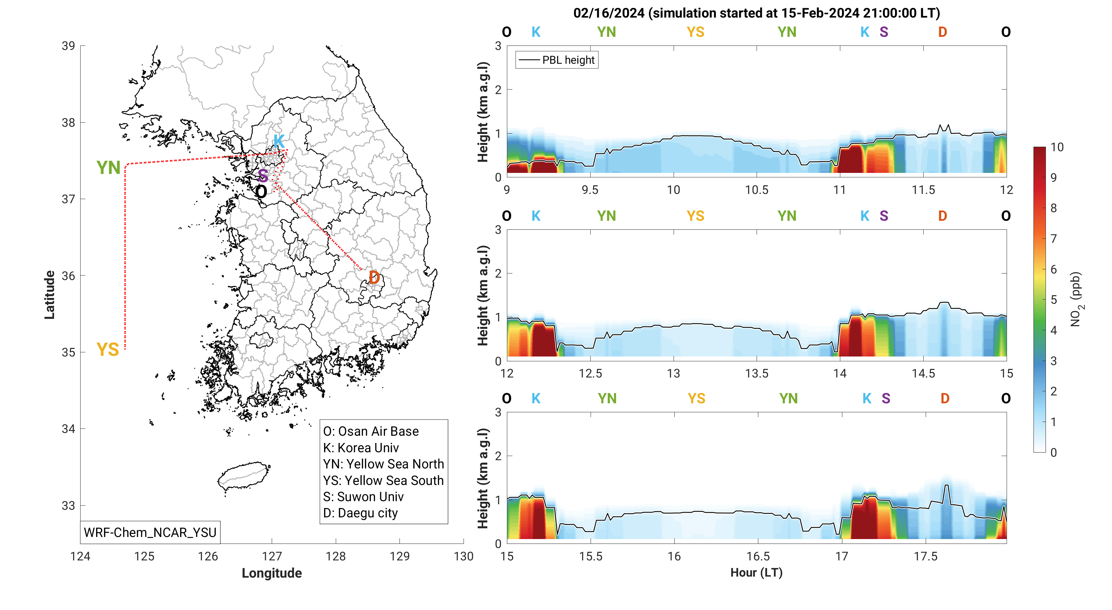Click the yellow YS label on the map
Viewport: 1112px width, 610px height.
pyautogui.click(x=107, y=349)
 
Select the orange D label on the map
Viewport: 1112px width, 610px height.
pyautogui.click(x=374, y=278)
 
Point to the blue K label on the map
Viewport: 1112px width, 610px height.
pyautogui.click(x=279, y=141)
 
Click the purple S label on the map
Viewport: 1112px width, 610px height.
pyautogui.click(x=262, y=176)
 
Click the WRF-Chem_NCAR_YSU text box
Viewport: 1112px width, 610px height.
pyautogui.click(x=150, y=532)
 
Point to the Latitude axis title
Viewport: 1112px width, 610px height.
pyautogui.click(x=50, y=295)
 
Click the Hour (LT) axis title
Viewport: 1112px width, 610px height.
pyautogui.click(x=756, y=572)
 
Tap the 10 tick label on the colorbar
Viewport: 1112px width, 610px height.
pyautogui.click(x=1057, y=147)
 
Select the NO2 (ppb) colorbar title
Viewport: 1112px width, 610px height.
pyautogui.click(x=1076, y=299)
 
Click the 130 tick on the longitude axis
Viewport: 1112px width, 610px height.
pyautogui.click(x=463, y=557)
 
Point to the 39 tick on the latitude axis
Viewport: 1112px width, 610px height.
pyautogui.click(x=68, y=46)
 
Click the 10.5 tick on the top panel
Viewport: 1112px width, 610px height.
pyautogui.click(x=756, y=190)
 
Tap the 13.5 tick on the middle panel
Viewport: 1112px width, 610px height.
pyautogui.click(x=756, y=373)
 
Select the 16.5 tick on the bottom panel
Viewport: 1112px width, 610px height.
pyautogui.click(x=758, y=557)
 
